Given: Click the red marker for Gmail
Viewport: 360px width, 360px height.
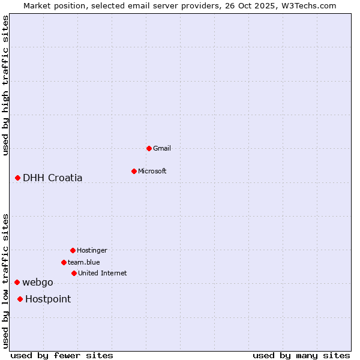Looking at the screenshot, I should (x=149, y=148).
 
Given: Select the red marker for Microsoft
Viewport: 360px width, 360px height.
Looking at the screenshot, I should (x=134, y=171).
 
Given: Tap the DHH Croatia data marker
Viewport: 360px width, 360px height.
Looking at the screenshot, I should (x=18, y=178).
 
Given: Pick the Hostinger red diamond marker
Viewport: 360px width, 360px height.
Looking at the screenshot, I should (x=73, y=250).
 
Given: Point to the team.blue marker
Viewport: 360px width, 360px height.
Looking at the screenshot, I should (x=64, y=262).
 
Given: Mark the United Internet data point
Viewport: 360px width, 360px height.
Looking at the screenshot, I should (x=74, y=273).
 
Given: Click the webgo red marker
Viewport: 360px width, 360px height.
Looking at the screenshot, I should (x=17, y=282).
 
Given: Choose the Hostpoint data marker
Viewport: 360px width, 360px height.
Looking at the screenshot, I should (x=20, y=299).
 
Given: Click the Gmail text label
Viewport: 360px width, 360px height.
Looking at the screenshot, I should (x=162, y=148).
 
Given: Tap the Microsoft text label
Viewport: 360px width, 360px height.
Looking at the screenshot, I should (x=152, y=171).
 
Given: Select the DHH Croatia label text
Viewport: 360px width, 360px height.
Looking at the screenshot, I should (x=53, y=178).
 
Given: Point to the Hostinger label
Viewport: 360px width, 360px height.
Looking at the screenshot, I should (x=92, y=250).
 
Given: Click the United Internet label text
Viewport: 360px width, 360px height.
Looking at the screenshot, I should (x=102, y=273).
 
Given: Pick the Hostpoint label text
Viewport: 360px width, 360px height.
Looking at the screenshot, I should (x=48, y=299).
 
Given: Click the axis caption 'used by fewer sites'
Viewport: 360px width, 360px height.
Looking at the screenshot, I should (x=62, y=355).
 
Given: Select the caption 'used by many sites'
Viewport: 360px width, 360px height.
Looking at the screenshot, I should (x=301, y=355).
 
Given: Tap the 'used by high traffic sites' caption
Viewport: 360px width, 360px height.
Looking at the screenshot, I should (x=5, y=85).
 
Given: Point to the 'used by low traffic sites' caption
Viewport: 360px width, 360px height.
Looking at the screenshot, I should (x=5, y=280).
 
